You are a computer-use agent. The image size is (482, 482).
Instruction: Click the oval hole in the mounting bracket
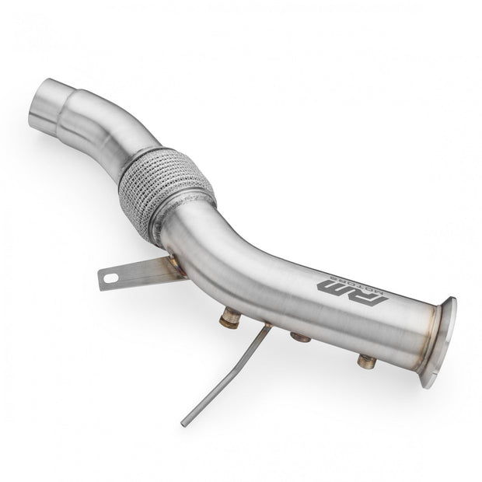[x=109, y=278]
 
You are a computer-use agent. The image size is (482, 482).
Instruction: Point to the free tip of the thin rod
[x=183, y=424]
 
